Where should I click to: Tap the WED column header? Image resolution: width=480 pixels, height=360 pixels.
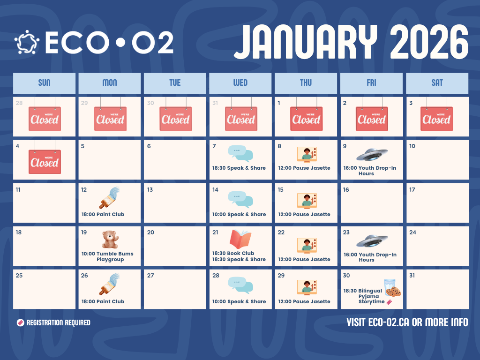pos(240,83)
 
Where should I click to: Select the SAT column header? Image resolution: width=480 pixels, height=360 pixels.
pos(437,83)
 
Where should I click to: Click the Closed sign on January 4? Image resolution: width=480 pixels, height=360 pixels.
pos(45,162)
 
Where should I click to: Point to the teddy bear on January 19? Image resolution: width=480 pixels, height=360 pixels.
pos(110,240)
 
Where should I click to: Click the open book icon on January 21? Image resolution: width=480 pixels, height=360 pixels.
pos(240,239)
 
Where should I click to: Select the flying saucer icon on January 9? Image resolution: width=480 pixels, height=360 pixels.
pos(372,154)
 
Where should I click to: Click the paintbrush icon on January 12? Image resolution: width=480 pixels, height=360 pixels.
pos(109,197)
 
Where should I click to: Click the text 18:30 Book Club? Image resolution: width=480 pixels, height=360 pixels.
pos(233,253)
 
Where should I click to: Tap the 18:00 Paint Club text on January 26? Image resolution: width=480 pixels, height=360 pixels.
pos(103,301)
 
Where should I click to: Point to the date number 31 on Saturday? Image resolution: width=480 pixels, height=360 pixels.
pos(412,276)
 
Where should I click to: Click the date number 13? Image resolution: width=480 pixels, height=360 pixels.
pos(150,190)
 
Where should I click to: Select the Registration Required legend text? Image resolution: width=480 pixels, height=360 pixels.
pos(58,322)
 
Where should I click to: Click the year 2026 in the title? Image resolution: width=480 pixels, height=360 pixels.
pos(429,42)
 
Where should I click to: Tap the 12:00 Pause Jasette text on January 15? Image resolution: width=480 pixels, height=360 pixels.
pos(304,214)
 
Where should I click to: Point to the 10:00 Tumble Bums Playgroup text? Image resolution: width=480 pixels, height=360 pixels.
pos(107,256)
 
